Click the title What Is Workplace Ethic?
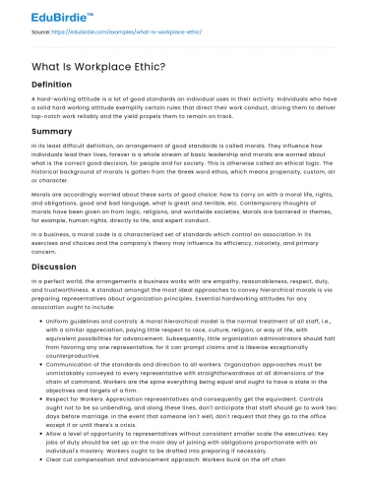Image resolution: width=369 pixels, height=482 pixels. coord(92,66)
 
